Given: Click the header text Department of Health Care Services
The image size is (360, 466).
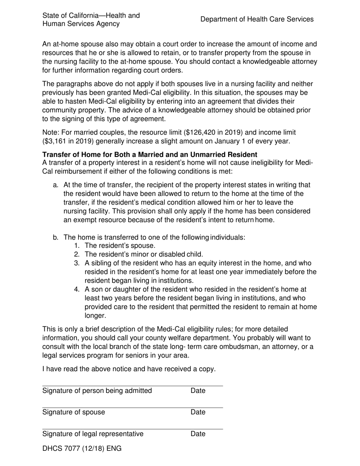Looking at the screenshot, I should click(x=257, y=19).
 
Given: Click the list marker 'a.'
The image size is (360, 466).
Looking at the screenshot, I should click(x=56, y=185).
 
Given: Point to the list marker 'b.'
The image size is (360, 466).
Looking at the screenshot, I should click(x=56, y=238).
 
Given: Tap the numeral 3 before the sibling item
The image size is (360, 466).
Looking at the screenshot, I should click(x=77, y=263).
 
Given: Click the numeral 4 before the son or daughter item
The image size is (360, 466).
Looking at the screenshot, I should click(x=77, y=289).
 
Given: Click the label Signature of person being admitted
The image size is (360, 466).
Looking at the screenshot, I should click(x=97, y=391).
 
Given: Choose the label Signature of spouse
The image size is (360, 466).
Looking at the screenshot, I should click(x=74, y=412).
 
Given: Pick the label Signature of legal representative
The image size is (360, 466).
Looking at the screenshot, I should click(x=93, y=434).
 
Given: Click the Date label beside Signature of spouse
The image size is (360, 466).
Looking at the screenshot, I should click(x=198, y=412).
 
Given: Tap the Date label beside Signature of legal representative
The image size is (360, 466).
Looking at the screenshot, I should click(x=198, y=434).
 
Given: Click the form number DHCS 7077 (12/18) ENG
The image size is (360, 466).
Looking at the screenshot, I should click(x=82, y=449).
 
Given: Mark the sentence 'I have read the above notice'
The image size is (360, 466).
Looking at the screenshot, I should click(x=129, y=369).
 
